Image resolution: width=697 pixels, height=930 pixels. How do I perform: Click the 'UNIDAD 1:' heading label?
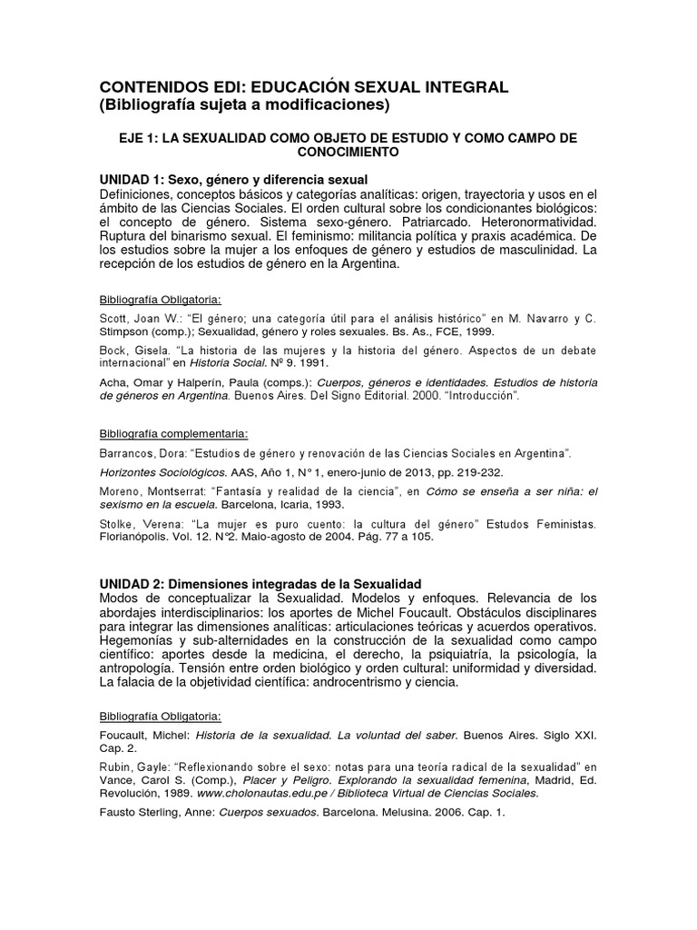133,178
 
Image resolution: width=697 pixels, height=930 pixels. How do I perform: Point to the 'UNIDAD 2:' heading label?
133,582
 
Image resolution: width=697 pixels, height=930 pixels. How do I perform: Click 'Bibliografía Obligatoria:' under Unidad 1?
160,299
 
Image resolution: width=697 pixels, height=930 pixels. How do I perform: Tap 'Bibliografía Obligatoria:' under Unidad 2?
160,716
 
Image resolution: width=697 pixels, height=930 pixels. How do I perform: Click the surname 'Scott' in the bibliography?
113,319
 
